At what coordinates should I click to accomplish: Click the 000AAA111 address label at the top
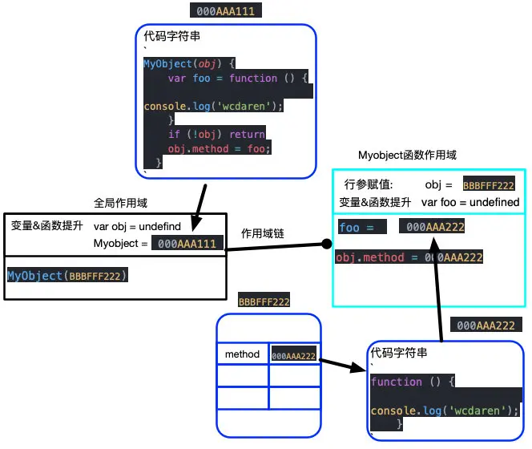pos(226,11)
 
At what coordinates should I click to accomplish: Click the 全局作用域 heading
pos(120,203)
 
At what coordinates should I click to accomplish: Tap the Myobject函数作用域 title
pos(407,155)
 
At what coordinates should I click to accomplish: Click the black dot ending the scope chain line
pos(326,243)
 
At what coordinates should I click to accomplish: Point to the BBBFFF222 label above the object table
pos(264,301)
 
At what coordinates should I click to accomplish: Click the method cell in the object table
pos(242,354)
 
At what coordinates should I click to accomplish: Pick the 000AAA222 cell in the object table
pos(294,354)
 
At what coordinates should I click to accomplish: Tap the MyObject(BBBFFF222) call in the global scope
pos(67,276)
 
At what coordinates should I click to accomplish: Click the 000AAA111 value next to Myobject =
pos(187,243)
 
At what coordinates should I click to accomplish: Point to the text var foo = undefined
pos(470,202)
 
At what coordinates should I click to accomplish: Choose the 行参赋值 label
pos(369,184)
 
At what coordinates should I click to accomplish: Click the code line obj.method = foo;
pos(220,148)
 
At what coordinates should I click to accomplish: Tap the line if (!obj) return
pos(216,134)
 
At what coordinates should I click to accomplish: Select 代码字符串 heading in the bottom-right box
pos(398,353)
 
